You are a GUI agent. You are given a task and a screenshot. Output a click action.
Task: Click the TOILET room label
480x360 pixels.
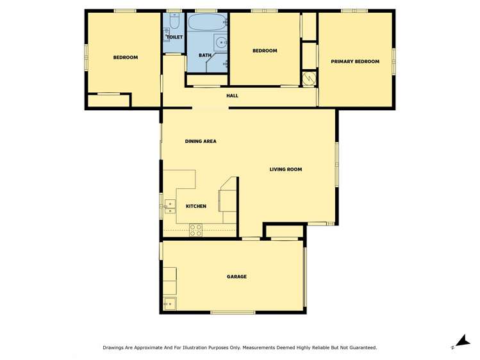175,37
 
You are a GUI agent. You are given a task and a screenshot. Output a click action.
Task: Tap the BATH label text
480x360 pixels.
204,55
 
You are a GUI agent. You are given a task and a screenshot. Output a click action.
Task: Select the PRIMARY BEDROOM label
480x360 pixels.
355,61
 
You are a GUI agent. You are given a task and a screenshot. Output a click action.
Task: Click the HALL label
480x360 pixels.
232,95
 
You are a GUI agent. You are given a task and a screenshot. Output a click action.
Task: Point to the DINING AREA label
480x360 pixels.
201,141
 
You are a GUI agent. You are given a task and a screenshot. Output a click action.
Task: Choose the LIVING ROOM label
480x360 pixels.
285,169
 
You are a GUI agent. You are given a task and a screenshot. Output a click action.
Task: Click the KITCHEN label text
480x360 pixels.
195,206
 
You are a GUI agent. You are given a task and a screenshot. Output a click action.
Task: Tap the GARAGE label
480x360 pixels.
236,277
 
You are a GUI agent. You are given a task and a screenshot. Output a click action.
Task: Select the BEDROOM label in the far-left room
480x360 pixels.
126,58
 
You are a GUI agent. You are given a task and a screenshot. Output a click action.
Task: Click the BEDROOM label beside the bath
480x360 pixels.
264,51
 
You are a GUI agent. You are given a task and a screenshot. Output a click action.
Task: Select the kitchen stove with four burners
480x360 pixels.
195,230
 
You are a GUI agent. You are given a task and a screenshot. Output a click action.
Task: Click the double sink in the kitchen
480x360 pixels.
170,206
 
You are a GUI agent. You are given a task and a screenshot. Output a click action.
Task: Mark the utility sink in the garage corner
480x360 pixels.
170,304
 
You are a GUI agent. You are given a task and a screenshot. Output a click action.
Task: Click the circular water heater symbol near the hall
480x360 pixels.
310,78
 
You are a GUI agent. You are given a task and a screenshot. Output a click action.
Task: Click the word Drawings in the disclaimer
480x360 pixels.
115,347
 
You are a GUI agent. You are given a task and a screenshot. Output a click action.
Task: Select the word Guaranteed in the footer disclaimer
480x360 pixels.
362,347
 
